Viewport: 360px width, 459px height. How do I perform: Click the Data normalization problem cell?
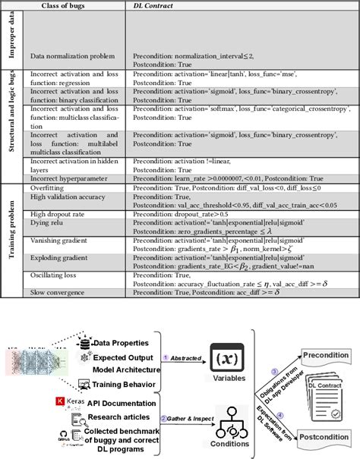tap(72, 56)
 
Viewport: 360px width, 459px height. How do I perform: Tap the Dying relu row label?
tap(49, 222)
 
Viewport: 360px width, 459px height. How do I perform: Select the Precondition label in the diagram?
tap(327, 355)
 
